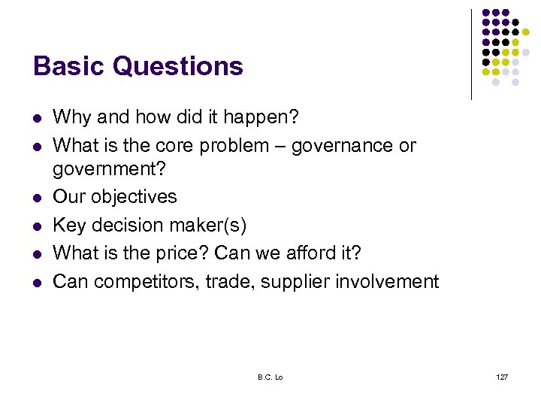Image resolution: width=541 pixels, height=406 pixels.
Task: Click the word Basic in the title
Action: pos(68,66)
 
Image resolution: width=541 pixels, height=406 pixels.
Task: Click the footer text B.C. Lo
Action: pos(270,376)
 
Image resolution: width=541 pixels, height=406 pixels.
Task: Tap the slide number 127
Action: pos(502,376)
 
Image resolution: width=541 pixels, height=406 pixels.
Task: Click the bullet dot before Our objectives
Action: pos(36,198)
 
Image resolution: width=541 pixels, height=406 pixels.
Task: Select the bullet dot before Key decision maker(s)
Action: pos(36,226)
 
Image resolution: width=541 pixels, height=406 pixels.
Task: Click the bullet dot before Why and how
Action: pos(36,118)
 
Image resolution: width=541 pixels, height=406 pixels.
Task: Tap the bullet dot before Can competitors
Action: pos(36,282)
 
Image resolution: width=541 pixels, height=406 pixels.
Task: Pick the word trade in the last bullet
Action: pos(232,282)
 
